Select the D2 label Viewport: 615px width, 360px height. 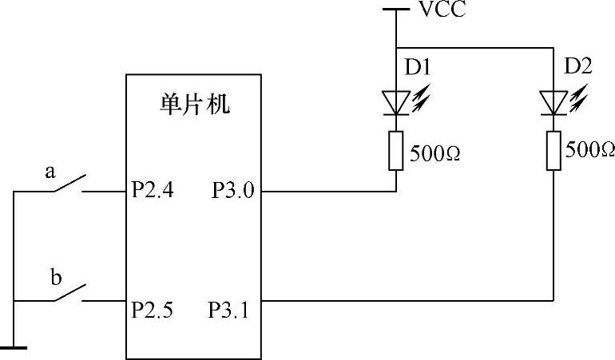pos(577,67)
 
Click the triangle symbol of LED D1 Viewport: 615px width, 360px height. pos(396,101)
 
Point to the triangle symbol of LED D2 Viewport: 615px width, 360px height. pos(553,101)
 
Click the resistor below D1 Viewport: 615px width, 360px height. pos(396,151)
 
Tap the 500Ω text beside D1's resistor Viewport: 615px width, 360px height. pos(436,152)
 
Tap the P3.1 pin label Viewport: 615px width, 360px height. pos(230,308)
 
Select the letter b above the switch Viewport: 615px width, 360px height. pos(55,278)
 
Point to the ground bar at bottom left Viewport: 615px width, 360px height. pos(14,347)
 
